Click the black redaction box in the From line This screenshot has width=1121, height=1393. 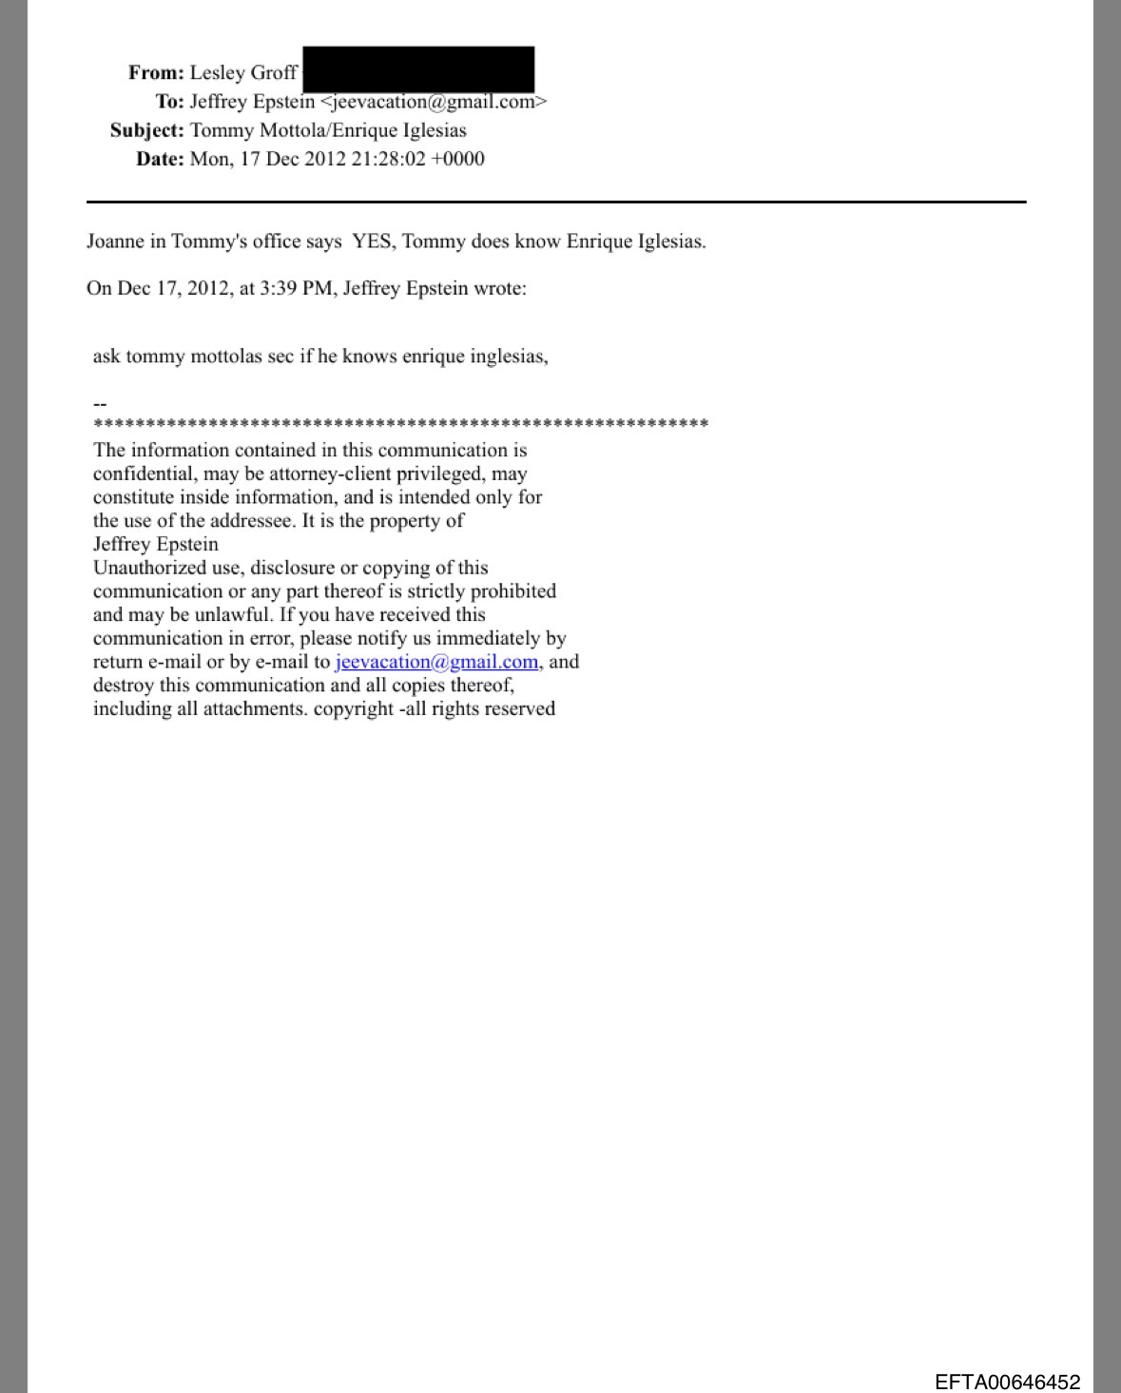click(x=418, y=69)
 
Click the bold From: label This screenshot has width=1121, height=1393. click(x=156, y=73)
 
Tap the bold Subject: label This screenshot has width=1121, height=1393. click(x=146, y=130)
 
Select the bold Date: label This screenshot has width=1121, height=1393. click(x=160, y=159)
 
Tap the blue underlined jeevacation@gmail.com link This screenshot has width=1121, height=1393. click(x=436, y=662)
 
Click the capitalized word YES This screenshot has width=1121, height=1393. click(x=374, y=242)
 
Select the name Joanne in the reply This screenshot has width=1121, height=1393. click(x=115, y=242)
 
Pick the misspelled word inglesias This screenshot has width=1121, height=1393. click(x=506, y=357)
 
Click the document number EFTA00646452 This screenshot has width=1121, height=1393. click(x=1007, y=1382)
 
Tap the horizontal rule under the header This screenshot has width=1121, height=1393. click(x=556, y=202)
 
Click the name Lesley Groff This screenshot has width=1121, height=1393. click(x=243, y=73)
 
